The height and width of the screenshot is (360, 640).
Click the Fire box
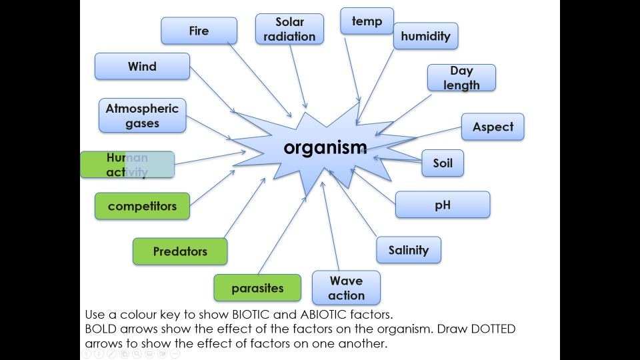coord(199,31)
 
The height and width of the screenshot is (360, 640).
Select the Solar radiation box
coord(289,29)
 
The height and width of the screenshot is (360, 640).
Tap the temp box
coord(367,21)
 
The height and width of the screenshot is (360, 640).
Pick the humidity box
coord(425,36)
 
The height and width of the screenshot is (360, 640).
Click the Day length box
coord(461,77)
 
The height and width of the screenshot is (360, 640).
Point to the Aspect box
coord(493,127)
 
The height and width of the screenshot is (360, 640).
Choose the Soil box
coord(443,163)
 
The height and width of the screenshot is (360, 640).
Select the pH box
coord(443,205)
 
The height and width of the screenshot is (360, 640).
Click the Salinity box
coord(409,250)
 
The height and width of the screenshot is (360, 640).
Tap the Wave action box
coord(346,288)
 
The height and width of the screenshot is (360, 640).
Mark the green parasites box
coord(257,288)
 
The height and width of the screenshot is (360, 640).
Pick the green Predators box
coord(180,251)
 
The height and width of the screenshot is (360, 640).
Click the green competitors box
coord(142,206)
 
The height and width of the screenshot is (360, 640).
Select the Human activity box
coord(127,165)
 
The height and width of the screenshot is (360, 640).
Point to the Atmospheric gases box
coord(142,115)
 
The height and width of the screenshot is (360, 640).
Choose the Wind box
coord(142,67)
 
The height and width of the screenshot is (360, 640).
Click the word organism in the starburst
coord(325,147)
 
